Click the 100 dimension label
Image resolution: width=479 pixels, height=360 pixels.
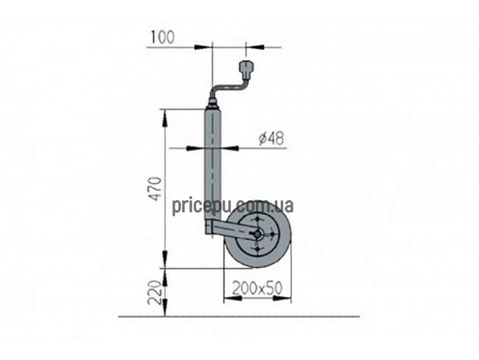(162, 38)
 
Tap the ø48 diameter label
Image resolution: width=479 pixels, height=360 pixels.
(271, 138)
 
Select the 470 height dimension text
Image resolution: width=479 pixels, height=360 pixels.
(155, 188)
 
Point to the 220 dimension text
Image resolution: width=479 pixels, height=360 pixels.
(155, 292)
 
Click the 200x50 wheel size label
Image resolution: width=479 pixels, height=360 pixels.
(257, 288)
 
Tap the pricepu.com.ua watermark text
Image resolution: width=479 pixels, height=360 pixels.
(233, 207)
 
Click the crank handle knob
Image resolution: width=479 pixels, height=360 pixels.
(246, 69)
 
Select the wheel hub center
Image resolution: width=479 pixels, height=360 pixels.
(257, 234)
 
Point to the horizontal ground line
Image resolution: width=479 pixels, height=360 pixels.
(239, 317)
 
